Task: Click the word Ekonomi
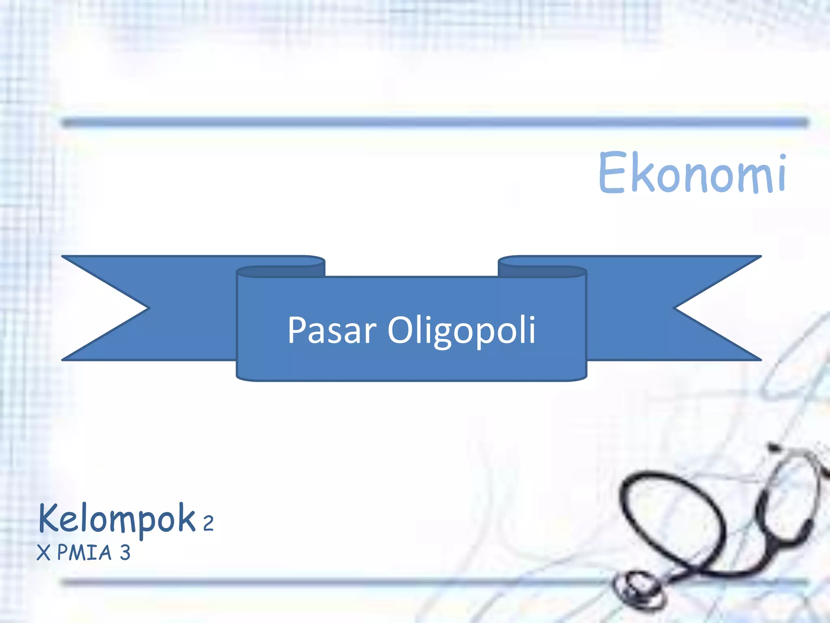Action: (x=692, y=172)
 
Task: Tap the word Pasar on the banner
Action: (x=332, y=330)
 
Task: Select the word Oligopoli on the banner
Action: (x=462, y=330)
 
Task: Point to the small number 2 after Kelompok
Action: (x=208, y=523)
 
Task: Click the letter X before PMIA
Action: (x=43, y=552)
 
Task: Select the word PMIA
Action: (x=84, y=552)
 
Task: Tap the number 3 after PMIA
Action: (x=125, y=552)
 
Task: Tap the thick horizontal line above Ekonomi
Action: (x=434, y=122)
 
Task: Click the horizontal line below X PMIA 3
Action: (x=324, y=583)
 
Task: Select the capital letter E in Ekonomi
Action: (x=612, y=172)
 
